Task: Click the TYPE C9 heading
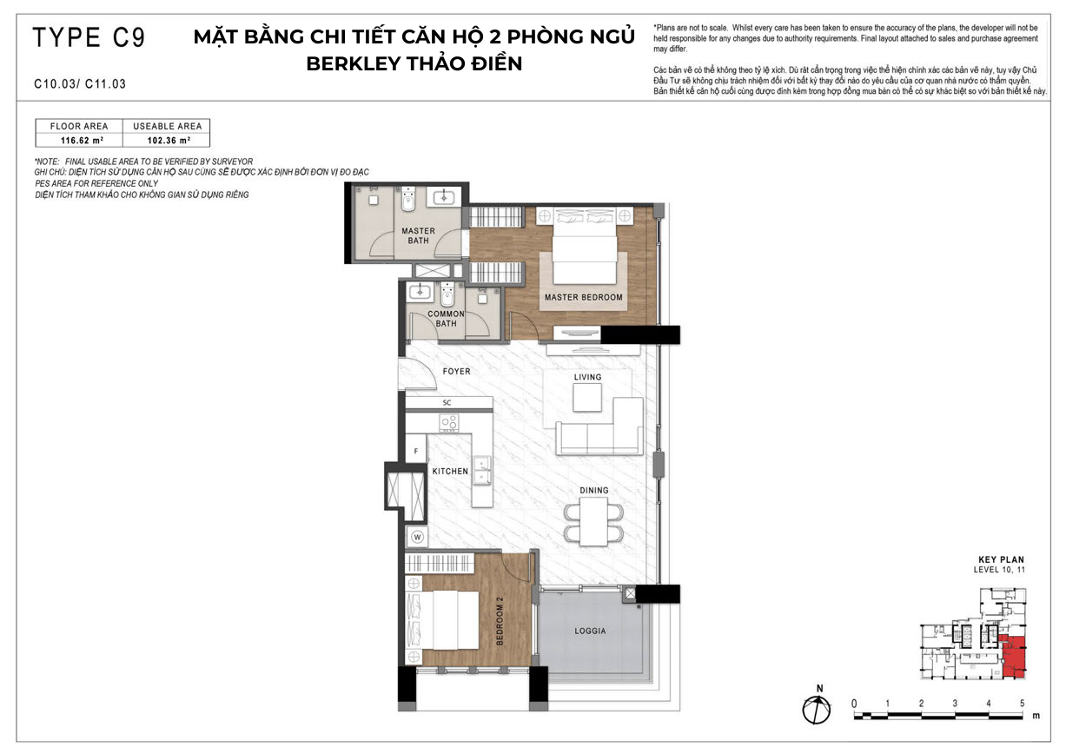click(x=89, y=37)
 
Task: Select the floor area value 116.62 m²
click(x=82, y=141)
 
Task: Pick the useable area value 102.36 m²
click(x=169, y=141)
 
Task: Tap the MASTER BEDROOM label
click(x=584, y=297)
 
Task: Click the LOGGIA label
click(x=590, y=631)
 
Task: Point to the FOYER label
click(x=456, y=371)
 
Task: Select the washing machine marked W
click(x=417, y=537)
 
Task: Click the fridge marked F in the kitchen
click(x=416, y=451)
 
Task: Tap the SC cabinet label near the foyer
click(x=447, y=402)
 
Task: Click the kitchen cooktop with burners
click(x=449, y=422)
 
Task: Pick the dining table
click(x=593, y=521)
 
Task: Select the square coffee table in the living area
click(x=587, y=397)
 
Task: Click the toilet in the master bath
click(x=408, y=199)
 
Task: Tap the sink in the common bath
click(x=420, y=291)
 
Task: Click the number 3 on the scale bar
click(x=955, y=703)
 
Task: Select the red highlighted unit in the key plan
click(x=1013, y=656)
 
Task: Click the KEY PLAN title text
click(x=1001, y=559)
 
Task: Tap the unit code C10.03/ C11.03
click(x=80, y=84)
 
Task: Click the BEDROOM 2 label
click(x=500, y=621)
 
